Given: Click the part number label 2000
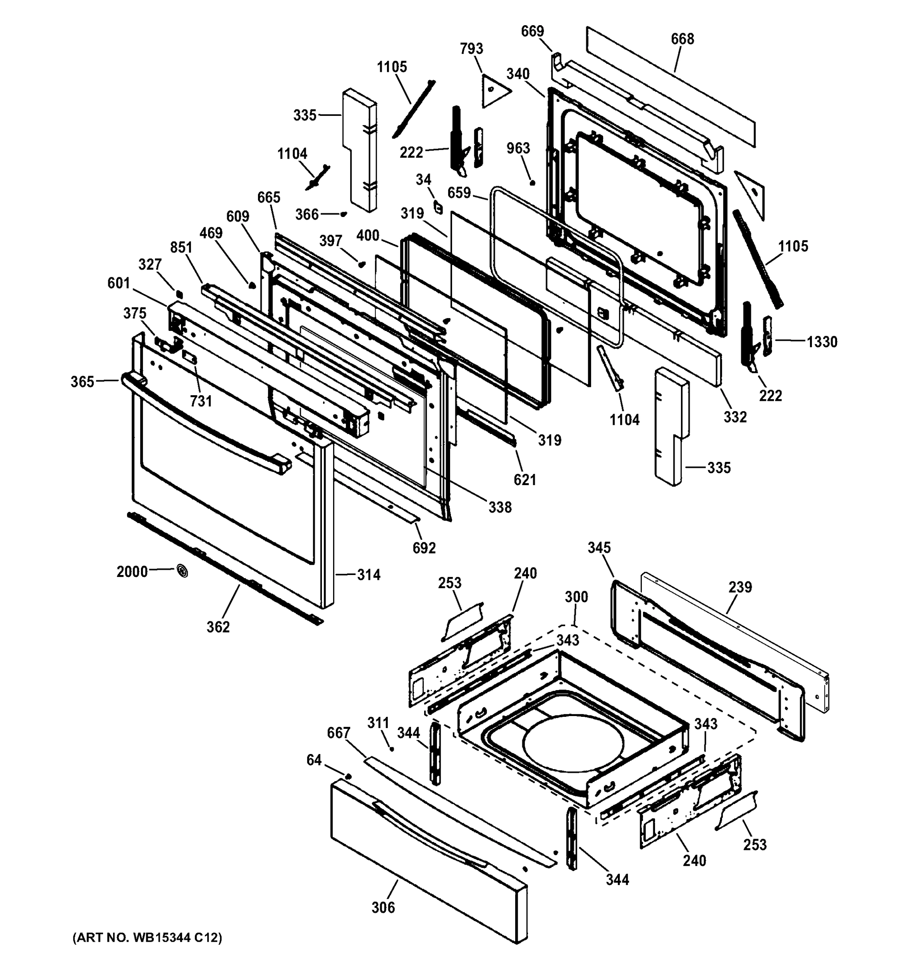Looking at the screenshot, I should [132, 572].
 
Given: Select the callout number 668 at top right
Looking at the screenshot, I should [682, 39].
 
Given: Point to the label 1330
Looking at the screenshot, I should [822, 342].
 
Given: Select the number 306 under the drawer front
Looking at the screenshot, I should [383, 907].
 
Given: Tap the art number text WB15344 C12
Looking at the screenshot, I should [147, 937].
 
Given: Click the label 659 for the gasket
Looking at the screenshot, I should [459, 193].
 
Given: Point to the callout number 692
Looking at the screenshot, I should [424, 548].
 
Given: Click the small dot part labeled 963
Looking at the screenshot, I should [532, 183].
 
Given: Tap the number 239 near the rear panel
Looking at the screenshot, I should [740, 587].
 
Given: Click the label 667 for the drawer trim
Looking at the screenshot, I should [338, 733].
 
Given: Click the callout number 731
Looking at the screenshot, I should [200, 401].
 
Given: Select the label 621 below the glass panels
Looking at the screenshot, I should [524, 479].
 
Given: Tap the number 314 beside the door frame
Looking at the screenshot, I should [369, 575].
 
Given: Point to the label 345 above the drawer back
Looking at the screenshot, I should [599, 547].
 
